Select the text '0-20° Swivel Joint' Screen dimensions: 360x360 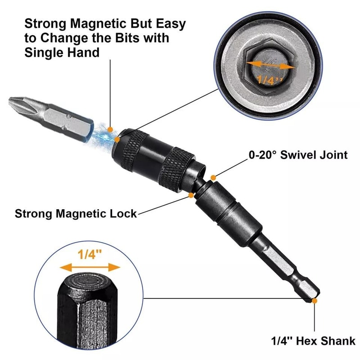298,155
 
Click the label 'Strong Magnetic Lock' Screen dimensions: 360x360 76,213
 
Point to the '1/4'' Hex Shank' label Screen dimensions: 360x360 314,341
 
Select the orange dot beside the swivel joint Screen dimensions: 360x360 214,178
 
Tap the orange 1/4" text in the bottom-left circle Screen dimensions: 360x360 90,254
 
